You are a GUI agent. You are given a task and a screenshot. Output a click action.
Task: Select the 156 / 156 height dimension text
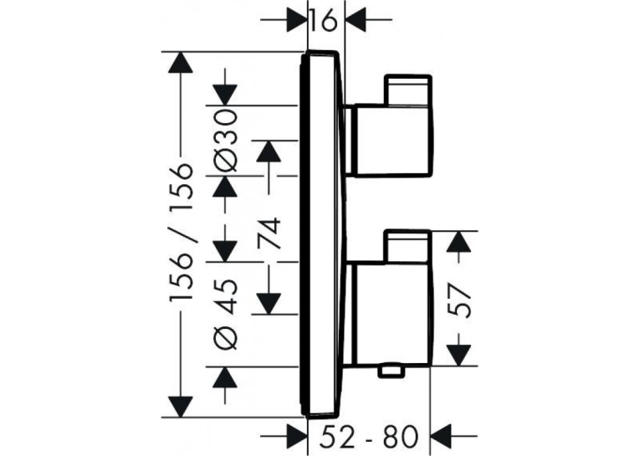[181, 233]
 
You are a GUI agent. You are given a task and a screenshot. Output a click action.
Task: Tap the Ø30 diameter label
[225, 141]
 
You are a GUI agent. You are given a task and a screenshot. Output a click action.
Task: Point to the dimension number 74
[269, 233]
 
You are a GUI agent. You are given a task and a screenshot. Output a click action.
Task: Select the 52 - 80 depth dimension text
[370, 437]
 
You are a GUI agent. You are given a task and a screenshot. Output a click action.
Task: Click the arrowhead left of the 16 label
[297, 19]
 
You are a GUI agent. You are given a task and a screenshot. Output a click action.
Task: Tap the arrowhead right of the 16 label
[356, 19]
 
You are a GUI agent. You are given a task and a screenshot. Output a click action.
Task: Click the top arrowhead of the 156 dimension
[181, 63]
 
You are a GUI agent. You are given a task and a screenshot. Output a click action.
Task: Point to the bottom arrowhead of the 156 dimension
[181, 407]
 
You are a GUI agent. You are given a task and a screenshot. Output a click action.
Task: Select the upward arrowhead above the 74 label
[269, 151]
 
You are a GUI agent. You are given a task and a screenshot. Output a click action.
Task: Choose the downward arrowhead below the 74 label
[269, 304]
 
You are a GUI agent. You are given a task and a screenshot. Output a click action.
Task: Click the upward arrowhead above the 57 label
[458, 242]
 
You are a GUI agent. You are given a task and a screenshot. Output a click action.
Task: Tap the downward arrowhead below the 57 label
[458, 356]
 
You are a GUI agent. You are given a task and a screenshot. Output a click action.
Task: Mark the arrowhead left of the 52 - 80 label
[297, 437]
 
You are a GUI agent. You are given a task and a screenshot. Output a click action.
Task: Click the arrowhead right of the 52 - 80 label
[442, 437]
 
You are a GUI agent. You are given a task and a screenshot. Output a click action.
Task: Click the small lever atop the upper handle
[407, 90]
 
